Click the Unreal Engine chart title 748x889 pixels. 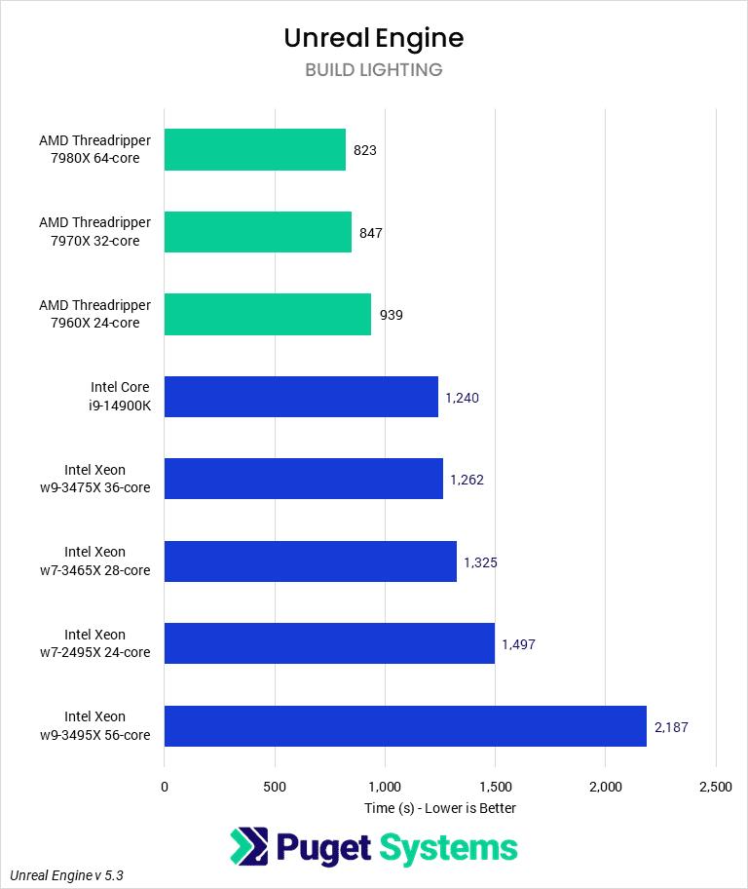374,38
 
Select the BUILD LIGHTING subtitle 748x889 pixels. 374,70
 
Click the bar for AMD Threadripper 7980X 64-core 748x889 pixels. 255,150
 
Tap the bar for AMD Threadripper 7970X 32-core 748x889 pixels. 258,232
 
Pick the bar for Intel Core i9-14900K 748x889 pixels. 301,397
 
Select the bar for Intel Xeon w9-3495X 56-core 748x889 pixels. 405,726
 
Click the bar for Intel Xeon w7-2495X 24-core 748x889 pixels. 329,643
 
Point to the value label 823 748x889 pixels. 365,150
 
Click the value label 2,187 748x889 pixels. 671,726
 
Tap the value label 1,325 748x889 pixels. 480,562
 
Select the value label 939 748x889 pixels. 391,315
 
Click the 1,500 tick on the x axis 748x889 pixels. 495,787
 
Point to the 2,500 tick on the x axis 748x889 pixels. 716,787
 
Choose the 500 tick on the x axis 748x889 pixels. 275,787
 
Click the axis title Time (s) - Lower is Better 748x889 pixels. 440,808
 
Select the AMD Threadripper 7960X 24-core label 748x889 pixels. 95,315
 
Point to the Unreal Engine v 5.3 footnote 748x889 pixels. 67,875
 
